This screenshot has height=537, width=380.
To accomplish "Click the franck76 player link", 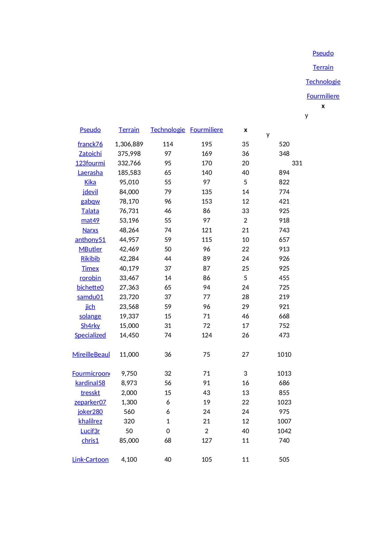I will pos(90,144).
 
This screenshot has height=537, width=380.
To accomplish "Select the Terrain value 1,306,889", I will pos(129,144).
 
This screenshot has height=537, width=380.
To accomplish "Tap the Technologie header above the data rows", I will pos(167,130).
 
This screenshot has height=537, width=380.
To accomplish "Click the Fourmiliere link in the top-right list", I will pos(323,96).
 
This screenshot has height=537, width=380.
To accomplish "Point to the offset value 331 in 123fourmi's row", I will pos(297,163).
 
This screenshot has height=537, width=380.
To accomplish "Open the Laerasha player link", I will pos(90,173).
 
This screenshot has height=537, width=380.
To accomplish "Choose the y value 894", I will pos(284,173).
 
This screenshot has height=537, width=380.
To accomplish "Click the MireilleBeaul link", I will pos(91,355).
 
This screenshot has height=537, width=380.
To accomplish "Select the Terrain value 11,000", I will pos(129,355).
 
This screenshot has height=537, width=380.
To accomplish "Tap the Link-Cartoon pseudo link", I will pos(90,460).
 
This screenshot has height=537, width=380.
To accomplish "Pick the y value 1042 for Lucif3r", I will pos(284,431).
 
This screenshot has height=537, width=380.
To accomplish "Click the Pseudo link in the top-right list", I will pos(323,53).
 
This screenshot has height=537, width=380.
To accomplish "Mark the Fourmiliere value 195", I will pos(206,144).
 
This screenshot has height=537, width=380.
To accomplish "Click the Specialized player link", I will pos(90,335).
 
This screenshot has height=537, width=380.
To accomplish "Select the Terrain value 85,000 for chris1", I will pos(129,441).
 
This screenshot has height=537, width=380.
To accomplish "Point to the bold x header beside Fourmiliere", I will pos(245,130).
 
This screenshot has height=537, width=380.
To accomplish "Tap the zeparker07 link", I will pos(90,402).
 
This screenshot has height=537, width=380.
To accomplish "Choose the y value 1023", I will pos(284,402).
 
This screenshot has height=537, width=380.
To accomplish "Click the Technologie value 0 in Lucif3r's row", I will pos(168,431).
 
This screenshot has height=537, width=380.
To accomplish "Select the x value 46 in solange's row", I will pos(245,316).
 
